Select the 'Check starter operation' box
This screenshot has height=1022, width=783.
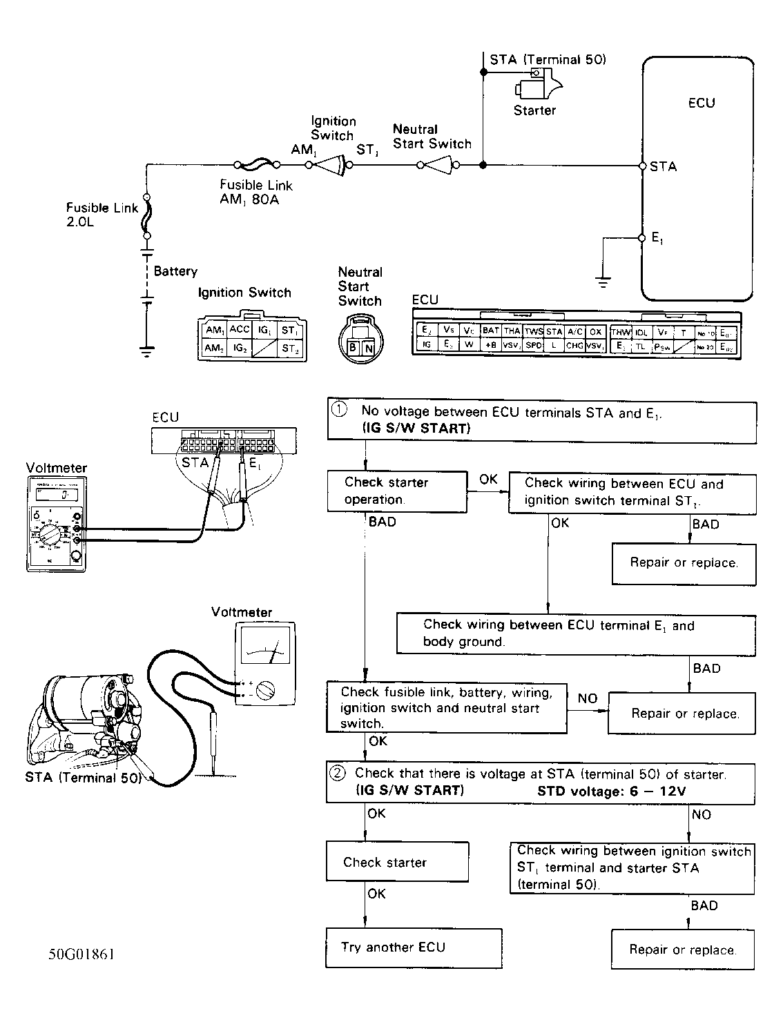397,491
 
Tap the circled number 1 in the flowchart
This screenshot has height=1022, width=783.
339,410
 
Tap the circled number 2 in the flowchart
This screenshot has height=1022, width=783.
338,774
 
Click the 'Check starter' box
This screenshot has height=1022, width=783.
397,862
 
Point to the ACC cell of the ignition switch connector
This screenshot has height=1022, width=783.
240,330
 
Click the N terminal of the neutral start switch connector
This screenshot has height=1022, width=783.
369,348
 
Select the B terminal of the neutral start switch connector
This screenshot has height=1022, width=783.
353,348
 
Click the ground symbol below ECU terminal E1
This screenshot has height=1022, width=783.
603,282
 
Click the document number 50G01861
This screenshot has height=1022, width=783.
81,954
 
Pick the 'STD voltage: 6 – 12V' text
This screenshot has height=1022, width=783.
611,792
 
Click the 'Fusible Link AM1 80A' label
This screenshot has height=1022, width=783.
256,193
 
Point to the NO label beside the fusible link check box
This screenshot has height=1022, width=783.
587,698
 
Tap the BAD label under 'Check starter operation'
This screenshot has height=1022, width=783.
382,522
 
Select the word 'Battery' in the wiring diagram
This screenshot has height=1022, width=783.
175,271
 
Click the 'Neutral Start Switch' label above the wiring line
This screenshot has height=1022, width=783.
432,137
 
